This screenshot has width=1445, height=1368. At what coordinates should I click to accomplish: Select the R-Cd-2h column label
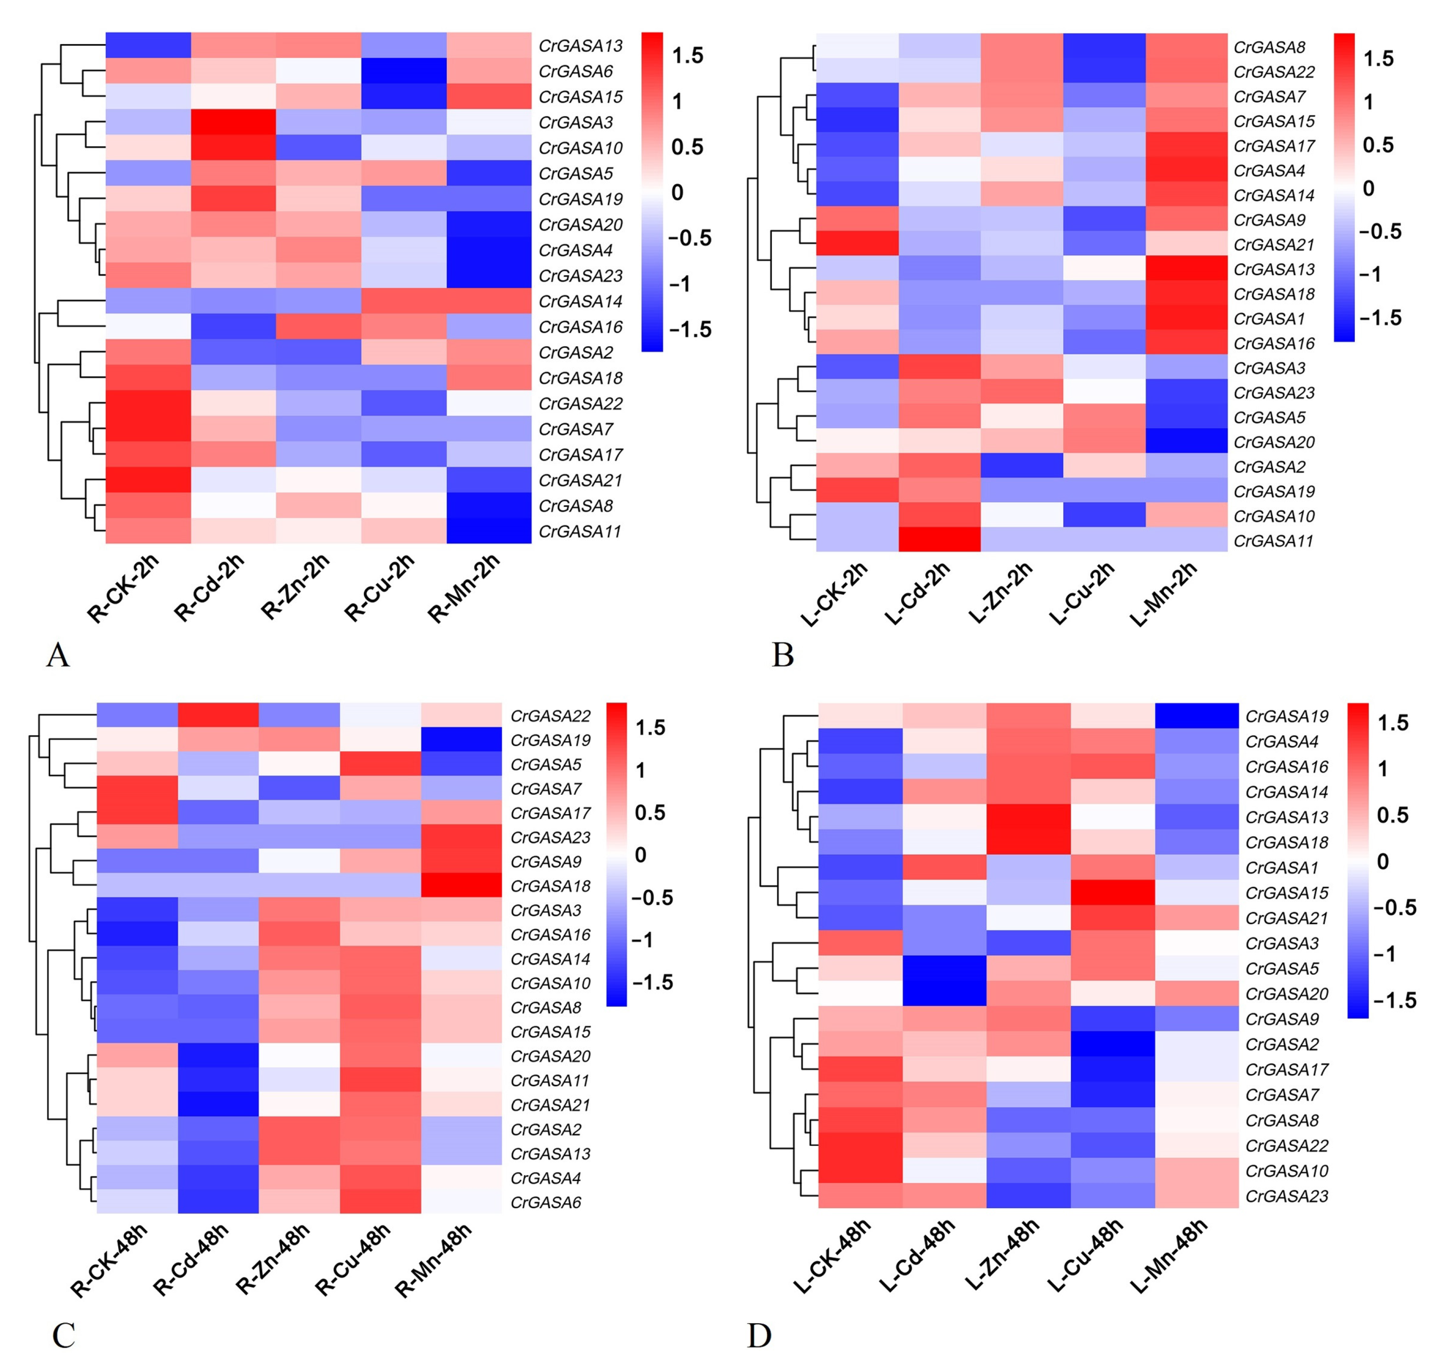click(209, 588)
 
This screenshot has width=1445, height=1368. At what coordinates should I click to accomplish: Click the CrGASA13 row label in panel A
click(580, 46)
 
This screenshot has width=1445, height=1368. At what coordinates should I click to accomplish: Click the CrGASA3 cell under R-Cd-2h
click(234, 122)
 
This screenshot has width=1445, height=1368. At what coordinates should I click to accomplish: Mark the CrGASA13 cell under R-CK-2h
click(148, 45)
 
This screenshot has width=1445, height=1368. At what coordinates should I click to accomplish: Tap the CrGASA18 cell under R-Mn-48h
click(461, 885)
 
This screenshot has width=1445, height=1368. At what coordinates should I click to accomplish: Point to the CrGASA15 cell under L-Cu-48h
click(1113, 892)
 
